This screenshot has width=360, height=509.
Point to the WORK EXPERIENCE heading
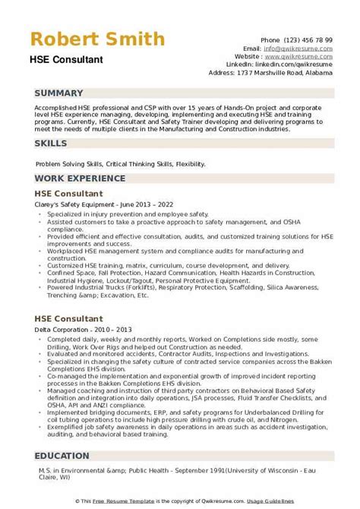tap(79, 179)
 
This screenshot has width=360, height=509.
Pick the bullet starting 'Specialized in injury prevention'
tap(122, 215)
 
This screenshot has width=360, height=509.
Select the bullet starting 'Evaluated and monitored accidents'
tap(152, 333)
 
